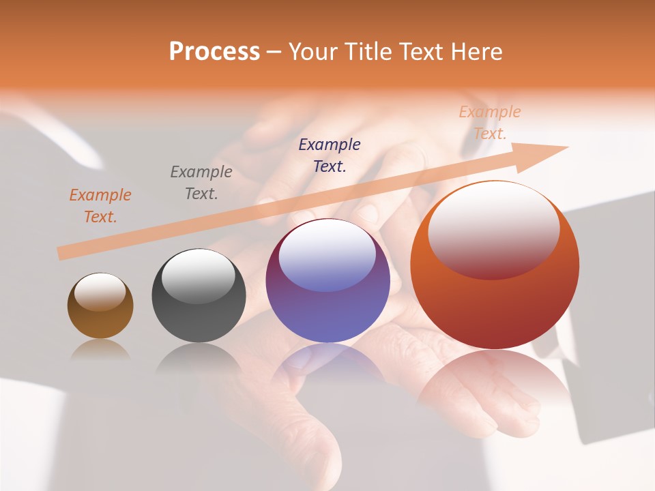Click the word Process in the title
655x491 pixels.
click(x=214, y=52)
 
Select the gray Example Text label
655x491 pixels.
click(x=201, y=183)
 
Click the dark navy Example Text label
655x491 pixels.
click(x=330, y=155)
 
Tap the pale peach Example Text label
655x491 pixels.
click(x=490, y=123)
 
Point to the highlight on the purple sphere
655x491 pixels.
click(x=327, y=256)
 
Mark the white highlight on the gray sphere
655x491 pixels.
click(x=199, y=276)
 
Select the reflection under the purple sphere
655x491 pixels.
click(x=327, y=361)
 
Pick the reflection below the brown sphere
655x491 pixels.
click(x=100, y=350)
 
